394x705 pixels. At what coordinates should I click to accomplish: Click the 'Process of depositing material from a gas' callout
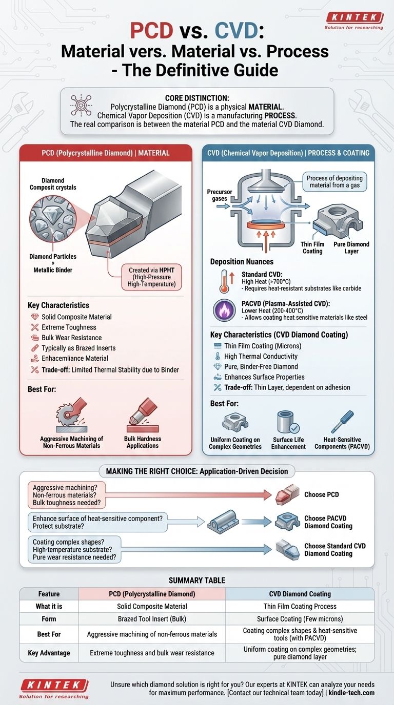(x=334, y=182)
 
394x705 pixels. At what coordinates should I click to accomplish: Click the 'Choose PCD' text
(x=322, y=494)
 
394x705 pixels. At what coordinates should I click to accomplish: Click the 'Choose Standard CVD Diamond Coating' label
(x=334, y=550)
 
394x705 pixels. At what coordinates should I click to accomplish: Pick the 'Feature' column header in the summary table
(x=49, y=594)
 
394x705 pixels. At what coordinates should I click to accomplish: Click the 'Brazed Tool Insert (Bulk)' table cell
(x=152, y=618)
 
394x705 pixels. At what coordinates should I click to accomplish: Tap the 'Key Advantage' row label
(x=49, y=653)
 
